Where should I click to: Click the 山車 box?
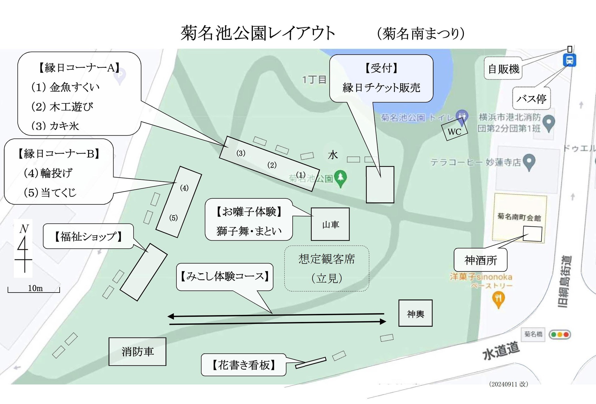330,224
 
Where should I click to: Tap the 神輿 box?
415,313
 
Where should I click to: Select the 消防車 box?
137,352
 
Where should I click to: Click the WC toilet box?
454,131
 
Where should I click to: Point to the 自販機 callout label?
503,69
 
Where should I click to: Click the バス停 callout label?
531,99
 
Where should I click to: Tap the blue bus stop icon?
569,60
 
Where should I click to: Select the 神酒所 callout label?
481,260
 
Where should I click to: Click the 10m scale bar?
34,291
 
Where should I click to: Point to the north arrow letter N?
24,229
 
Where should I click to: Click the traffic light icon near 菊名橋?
560,334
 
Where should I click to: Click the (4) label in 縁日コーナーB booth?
184,188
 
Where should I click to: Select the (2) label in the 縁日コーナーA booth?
272,165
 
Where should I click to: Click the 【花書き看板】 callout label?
243,365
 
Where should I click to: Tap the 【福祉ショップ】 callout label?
88,237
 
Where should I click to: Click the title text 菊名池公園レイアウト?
258,33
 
